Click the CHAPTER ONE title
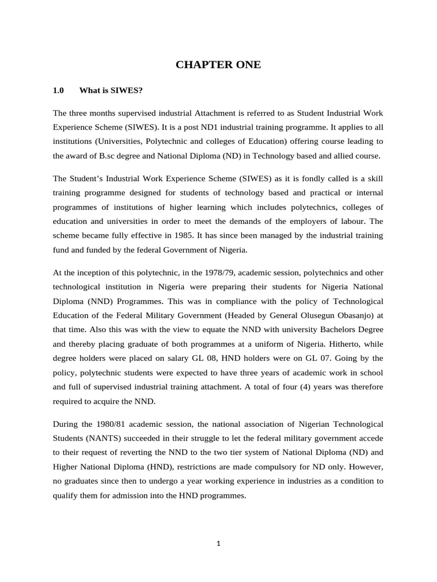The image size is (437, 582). tap(218, 65)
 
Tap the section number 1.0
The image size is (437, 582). tap(58, 90)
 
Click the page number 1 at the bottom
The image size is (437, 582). tap(218, 543)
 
